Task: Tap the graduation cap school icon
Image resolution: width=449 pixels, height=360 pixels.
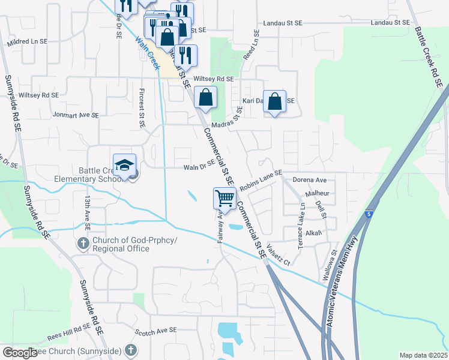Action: click(x=124, y=164)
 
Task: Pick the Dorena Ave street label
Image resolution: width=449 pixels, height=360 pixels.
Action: click(x=309, y=179)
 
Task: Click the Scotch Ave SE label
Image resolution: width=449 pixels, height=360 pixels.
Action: click(x=156, y=331)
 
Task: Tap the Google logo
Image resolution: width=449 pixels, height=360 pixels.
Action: click(x=20, y=353)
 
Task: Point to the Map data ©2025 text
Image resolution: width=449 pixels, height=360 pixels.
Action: click(x=423, y=355)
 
